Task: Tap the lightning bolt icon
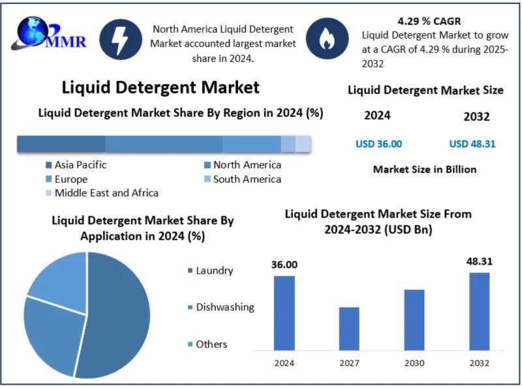(x=121, y=39)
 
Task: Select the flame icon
(x=326, y=39)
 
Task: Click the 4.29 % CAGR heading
(x=429, y=20)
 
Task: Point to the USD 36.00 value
(x=378, y=144)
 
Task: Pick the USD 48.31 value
(x=472, y=144)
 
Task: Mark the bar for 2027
(x=349, y=331)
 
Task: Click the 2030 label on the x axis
(x=414, y=363)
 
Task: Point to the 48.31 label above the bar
(x=479, y=261)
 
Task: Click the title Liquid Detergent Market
(x=161, y=87)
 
